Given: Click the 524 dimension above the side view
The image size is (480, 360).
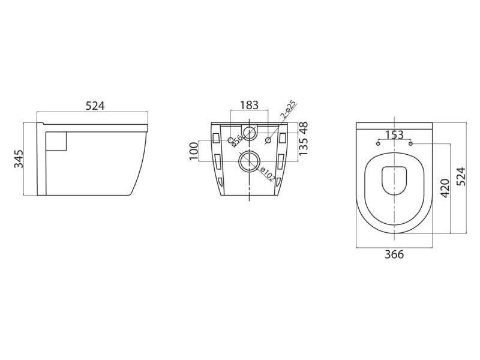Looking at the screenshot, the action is (x=95, y=106).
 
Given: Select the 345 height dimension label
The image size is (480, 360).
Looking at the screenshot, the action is (x=19, y=159).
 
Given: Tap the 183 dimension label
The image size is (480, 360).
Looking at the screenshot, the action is (x=249, y=105).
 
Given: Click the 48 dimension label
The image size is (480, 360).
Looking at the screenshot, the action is (x=304, y=128).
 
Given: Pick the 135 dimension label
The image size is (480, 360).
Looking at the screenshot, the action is (x=304, y=146).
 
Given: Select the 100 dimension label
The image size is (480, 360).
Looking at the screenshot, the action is (x=193, y=151).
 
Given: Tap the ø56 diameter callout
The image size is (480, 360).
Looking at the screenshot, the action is (x=236, y=140).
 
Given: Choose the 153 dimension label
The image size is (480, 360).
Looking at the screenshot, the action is (x=394, y=134).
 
